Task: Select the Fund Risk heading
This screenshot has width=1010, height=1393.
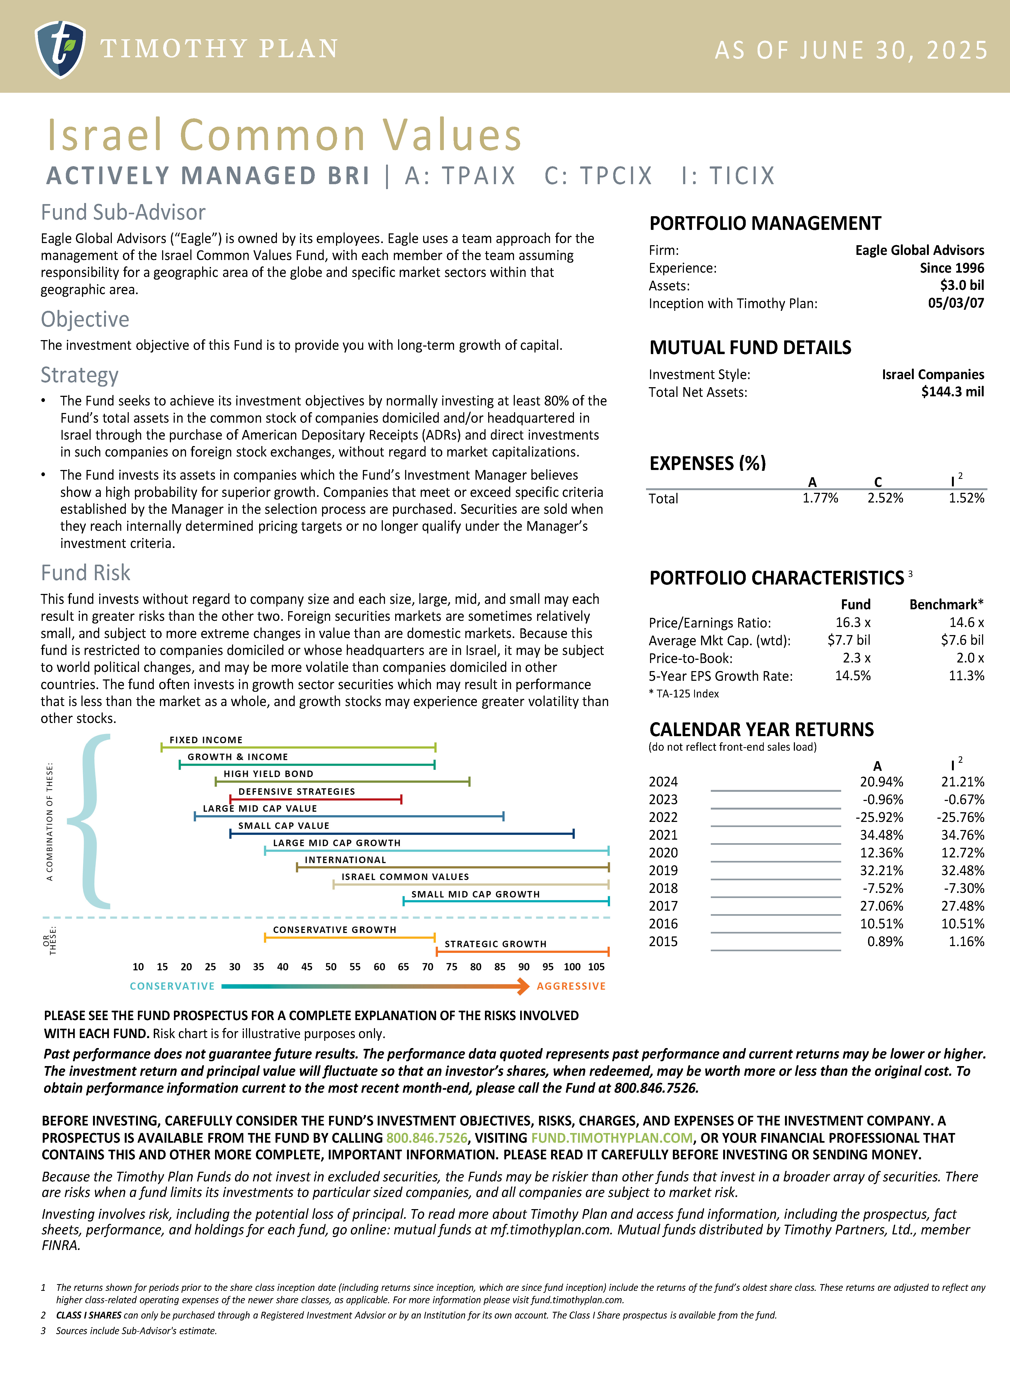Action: (85, 573)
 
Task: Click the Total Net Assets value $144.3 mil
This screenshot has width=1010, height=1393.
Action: (952, 392)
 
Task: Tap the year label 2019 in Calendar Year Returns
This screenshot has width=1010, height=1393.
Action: (663, 871)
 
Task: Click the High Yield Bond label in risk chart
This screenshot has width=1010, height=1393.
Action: (268, 774)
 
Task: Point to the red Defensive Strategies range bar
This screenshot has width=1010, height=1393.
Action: (316, 799)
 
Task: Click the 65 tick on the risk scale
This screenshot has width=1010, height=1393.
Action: (404, 967)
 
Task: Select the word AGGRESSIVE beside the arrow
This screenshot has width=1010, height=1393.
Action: (571, 986)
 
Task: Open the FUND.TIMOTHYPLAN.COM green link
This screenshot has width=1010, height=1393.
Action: (612, 1138)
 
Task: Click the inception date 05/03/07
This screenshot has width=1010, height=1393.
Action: (955, 303)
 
